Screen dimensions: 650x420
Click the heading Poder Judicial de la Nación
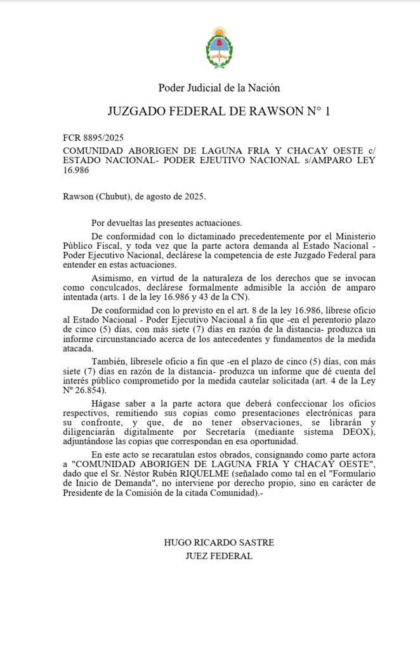coord(219,88)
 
